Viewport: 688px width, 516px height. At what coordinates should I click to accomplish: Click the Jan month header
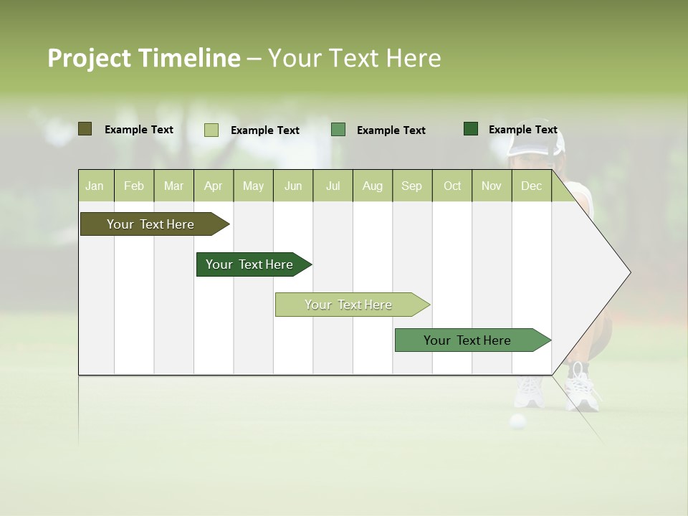(95, 186)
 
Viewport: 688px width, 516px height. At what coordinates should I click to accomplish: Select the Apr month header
(213, 186)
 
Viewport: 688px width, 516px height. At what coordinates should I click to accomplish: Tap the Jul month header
(333, 186)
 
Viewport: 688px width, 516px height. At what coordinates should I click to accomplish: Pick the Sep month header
(411, 186)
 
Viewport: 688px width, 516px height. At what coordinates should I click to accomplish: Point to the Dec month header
(531, 186)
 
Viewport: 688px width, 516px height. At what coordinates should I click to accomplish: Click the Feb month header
(134, 186)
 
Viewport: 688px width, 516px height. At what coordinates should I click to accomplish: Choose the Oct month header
(452, 186)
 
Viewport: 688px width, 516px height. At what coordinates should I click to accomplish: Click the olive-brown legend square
(85, 129)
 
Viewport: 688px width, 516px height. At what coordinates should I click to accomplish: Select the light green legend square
(211, 130)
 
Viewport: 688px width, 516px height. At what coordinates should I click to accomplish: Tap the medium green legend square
(338, 130)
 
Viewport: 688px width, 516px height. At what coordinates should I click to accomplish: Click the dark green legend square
(470, 129)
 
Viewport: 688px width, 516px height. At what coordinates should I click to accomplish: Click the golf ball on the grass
(517, 421)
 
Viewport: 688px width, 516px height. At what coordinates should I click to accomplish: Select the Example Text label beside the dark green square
(522, 130)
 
